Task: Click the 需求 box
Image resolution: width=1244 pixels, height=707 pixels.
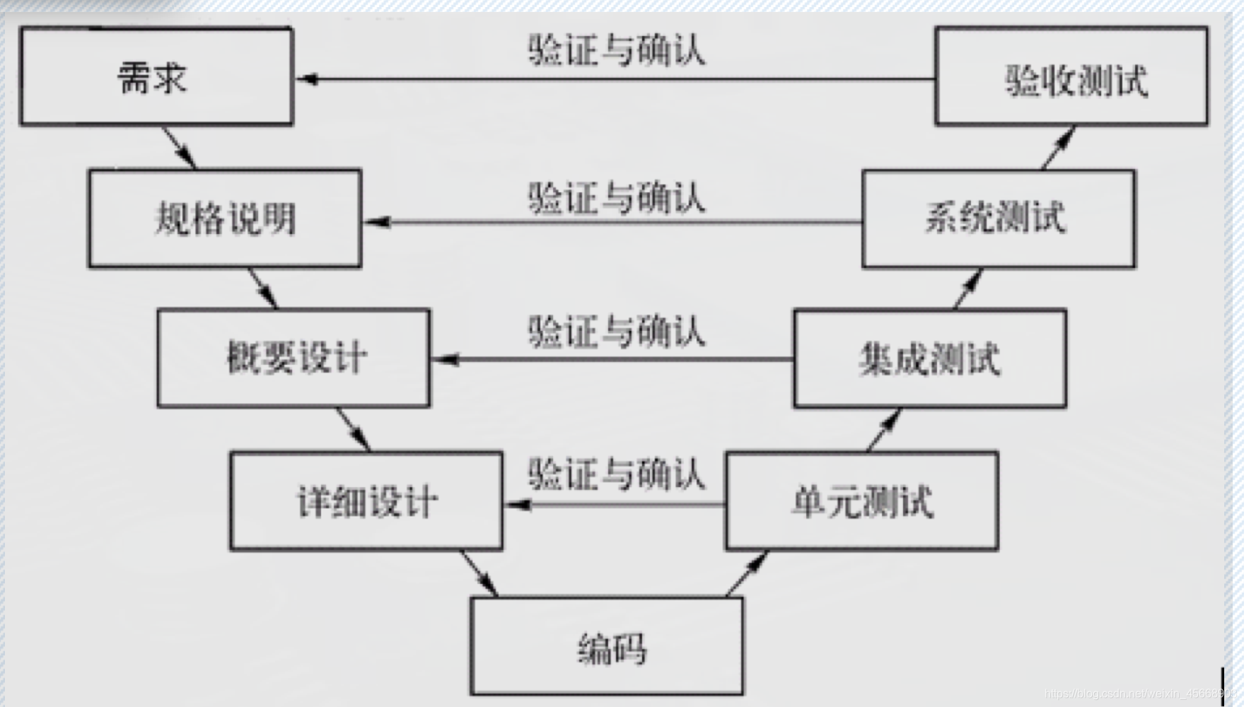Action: pyautogui.click(x=156, y=76)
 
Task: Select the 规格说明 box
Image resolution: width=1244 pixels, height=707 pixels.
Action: pyautogui.click(x=225, y=218)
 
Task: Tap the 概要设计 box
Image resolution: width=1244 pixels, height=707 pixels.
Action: pyautogui.click(x=293, y=358)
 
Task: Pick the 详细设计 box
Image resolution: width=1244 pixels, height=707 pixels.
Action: pyautogui.click(x=366, y=501)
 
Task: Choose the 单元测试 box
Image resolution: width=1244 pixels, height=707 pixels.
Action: pyautogui.click(x=862, y=501)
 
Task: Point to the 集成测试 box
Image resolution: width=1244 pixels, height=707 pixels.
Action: pyautogui.click(x=930, y=358)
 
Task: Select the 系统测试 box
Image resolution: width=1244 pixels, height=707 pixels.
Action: pyautogui.click(x=999, y=218)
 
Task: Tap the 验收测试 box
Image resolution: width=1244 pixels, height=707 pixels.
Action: pyautogui.click(x=1071, y=76)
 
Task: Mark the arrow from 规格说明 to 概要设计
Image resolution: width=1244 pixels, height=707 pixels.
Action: pyautogui.click(x=263, y=288)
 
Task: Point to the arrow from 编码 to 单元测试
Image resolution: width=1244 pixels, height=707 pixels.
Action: pyautogui.click(x=747, y=573)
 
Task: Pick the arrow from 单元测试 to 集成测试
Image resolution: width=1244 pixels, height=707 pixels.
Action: pyautogui.click(x=884, y=429)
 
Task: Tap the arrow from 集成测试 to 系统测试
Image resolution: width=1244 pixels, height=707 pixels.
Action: pyautogui.click(x=967, y=288)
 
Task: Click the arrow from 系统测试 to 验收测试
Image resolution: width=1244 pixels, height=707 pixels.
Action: pyautogui.click(x=1059, y=147)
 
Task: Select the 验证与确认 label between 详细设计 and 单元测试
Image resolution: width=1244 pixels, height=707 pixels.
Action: pyautogui.click(x=616, y=474)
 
